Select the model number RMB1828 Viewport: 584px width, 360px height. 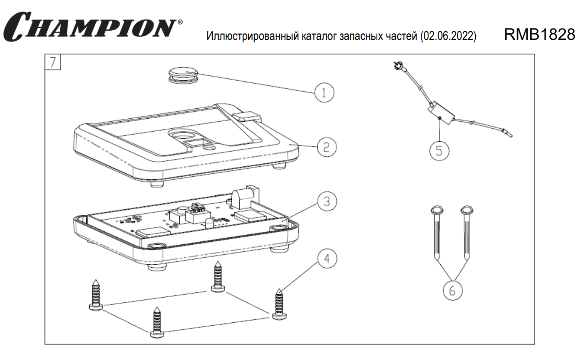coord(539,35)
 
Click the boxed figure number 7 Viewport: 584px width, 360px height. coord(52,62)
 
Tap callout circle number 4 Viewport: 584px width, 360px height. coord(327,259)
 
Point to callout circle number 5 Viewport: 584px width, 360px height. coord(439,150)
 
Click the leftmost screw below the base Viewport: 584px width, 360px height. coord(96,295)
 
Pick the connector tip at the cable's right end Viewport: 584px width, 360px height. coord(506,131)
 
